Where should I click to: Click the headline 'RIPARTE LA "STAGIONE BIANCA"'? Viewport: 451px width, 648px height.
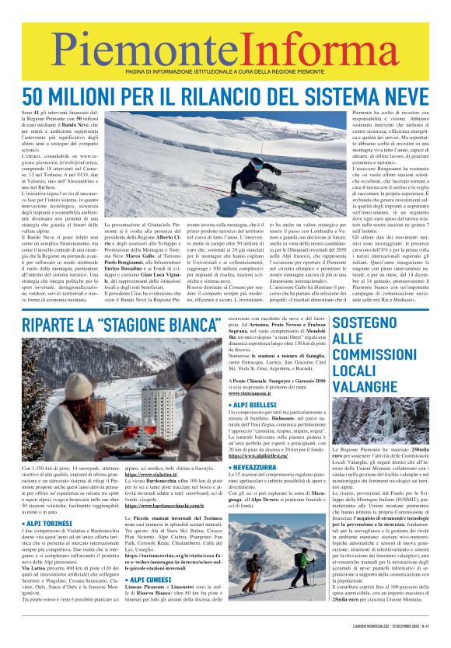tap(119, 324)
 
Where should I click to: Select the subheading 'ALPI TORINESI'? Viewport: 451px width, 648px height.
tap(51, 523)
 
